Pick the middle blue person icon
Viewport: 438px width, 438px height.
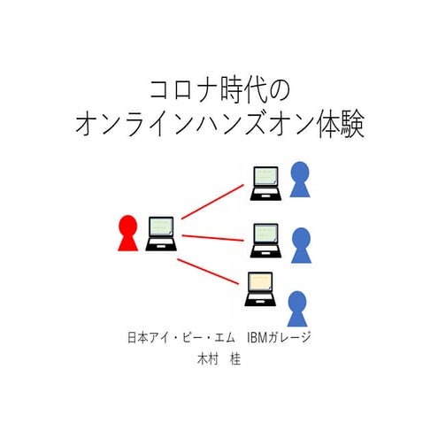pos(301,244)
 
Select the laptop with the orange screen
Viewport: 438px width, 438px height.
pos(261,288)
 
